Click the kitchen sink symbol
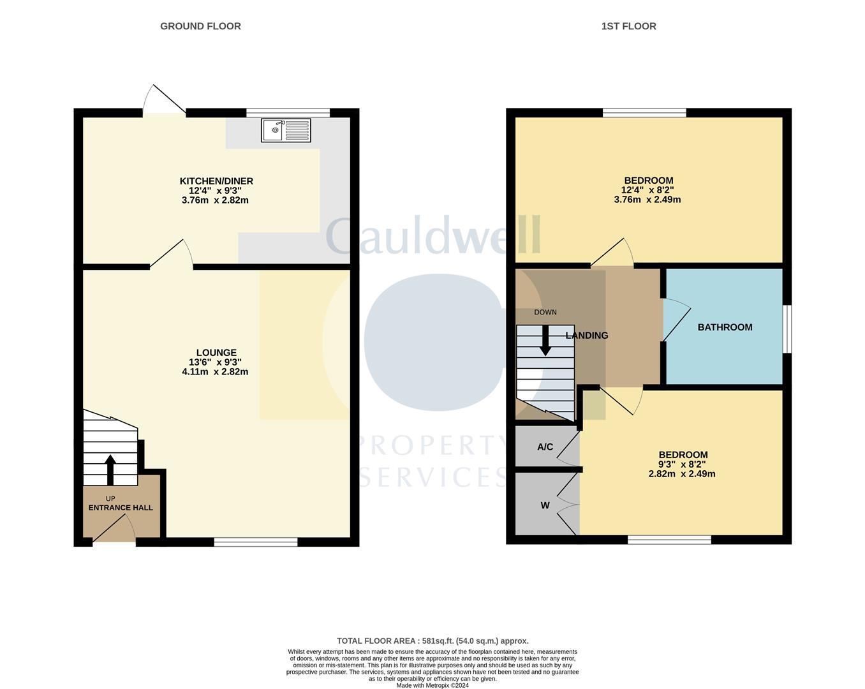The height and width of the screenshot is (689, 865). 286,130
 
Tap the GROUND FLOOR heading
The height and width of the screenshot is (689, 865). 200,26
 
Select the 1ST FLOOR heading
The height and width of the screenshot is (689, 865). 628,26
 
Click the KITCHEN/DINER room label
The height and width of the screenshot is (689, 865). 216,181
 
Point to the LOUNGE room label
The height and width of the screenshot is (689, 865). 216,353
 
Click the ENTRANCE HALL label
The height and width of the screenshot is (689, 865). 121,508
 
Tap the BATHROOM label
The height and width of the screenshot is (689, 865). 725,327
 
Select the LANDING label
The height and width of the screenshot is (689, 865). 587,336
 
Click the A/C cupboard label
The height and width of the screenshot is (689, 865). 545,447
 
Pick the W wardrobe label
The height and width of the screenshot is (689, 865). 545,505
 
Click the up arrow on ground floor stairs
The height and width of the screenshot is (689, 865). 110,470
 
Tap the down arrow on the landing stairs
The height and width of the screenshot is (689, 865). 545,340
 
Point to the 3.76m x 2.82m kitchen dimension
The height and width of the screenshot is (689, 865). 215,200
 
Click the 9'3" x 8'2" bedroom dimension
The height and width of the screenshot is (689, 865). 682,464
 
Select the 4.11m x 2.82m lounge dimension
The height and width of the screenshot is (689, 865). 215,372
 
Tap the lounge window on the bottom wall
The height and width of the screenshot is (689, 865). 256,542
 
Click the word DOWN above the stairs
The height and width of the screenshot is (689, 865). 545,313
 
